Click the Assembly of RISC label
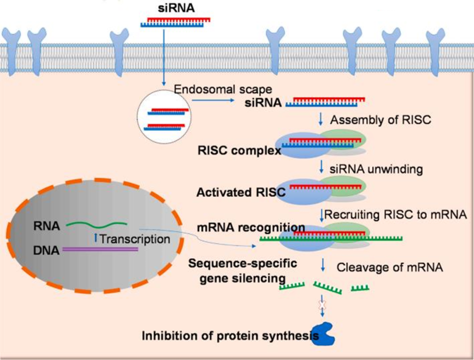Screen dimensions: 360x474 tap(381, 120)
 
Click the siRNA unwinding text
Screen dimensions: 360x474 tap(377, 169)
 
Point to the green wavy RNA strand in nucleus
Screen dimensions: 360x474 tap(97, 225)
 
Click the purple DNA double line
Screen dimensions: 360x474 tap(100, 249)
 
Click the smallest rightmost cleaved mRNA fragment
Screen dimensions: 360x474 tap(359, 288)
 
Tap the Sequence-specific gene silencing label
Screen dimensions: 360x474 tap(243, 271)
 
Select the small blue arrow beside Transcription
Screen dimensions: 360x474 tap(95, 238)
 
